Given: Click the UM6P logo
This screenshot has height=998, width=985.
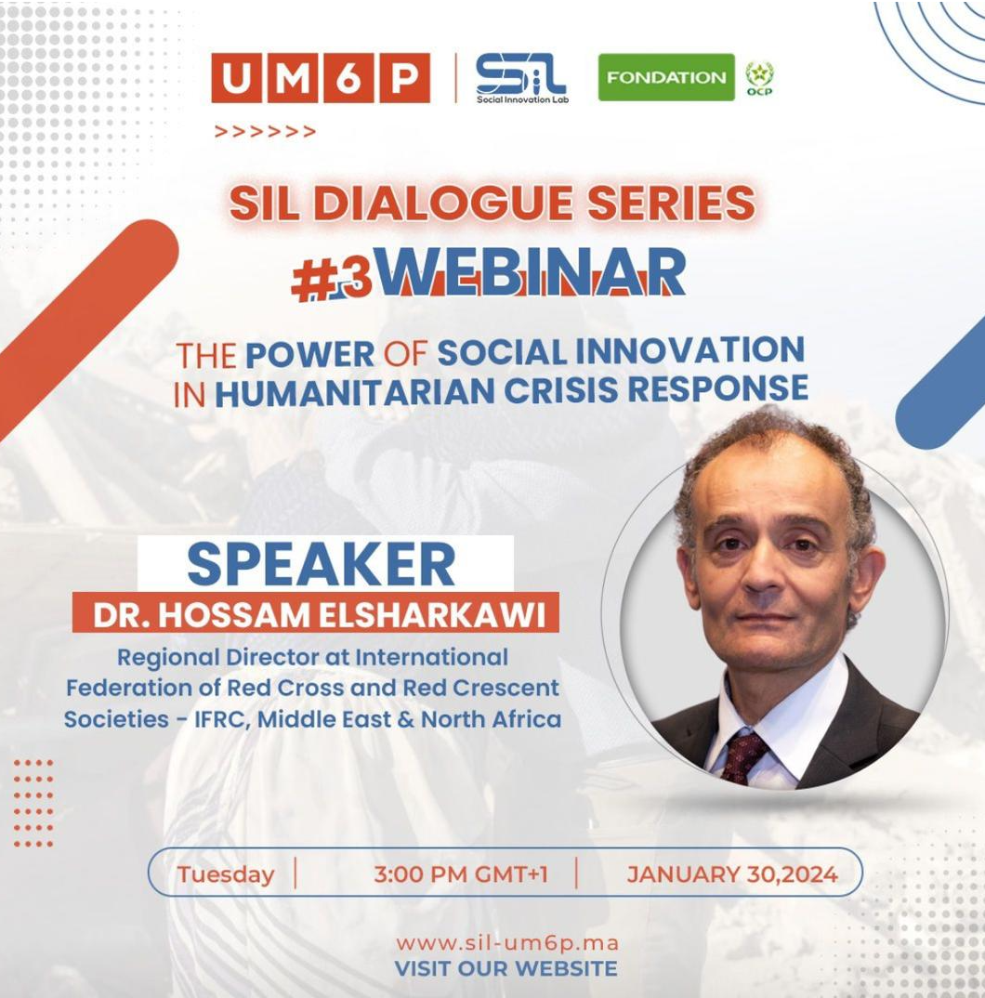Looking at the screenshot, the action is [x=321, y=78].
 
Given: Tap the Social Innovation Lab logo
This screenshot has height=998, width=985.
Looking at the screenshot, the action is [x=521, y=78].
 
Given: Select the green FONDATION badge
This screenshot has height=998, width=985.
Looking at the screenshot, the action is [x=666, y=77].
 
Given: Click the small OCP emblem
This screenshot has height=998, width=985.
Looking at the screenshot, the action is [x=760, y=79].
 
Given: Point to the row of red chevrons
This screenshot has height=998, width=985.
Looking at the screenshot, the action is [x=265, y=132].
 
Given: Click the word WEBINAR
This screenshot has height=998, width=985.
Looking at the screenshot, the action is [x=532, y=271].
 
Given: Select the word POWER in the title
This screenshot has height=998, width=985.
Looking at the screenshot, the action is [x=309, y=354].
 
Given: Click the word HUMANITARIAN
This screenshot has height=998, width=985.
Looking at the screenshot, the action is [x=358, y=393].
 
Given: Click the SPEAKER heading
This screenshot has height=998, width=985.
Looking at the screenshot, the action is [x=322, y=564].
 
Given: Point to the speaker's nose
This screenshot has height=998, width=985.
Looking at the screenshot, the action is [x=762, y=570].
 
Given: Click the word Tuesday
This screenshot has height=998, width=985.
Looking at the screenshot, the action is [x=225, y=873].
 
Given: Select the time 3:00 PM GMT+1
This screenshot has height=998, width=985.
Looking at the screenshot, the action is [x=461, y=873].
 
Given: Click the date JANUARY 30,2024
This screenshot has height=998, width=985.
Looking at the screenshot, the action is [x=732, y=873].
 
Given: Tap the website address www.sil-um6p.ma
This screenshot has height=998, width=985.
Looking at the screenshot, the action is [x=507, y=942].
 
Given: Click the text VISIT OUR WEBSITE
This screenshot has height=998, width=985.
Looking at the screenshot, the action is [x=506, y=968].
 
